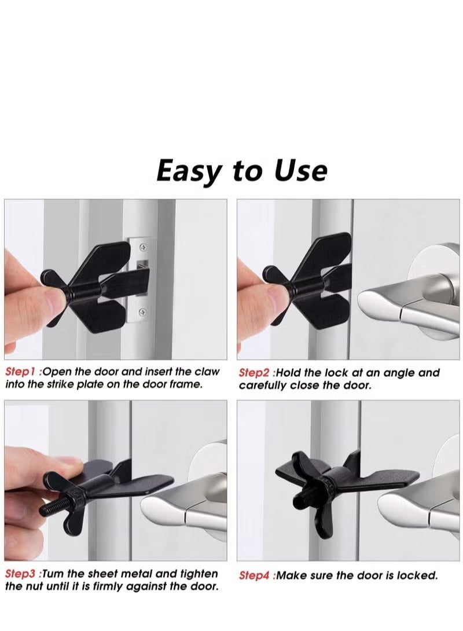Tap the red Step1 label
click(21, 372)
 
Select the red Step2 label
click(255, 373)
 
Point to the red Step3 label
click(21, 574)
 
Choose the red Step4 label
click(255, 576)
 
